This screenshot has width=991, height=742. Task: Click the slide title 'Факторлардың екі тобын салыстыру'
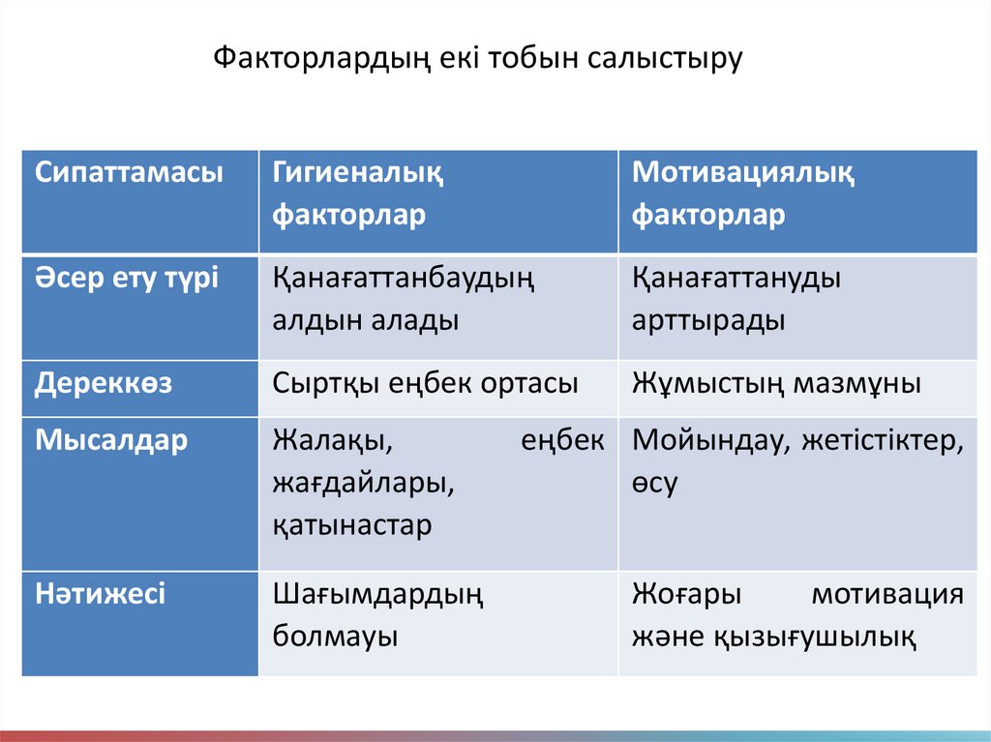[x=477, y=58]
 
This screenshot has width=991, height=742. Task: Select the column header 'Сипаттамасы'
[x=129, y=174]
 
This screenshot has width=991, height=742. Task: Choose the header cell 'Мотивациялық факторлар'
[x=742, y=194]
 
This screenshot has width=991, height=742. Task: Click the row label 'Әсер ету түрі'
[x=129, y=280]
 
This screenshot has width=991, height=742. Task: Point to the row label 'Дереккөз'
[x=105, y=383]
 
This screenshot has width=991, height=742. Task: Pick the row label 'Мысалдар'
[x=112, y=441]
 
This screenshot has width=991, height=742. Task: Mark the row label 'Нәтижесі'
[x=102, y=593]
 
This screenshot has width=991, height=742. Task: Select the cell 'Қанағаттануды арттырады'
[x=736, y=300]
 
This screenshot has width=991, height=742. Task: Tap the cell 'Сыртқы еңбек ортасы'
[x=426, y=383]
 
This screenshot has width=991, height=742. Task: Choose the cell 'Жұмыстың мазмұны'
[x=776, y=383]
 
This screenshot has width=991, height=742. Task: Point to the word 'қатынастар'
[x=352, y=525]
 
